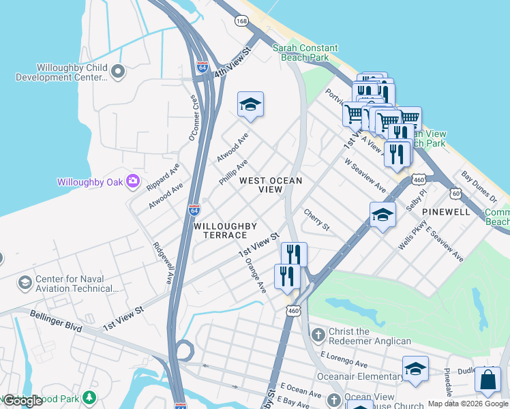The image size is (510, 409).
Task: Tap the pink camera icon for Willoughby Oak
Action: click(x=133, y=182)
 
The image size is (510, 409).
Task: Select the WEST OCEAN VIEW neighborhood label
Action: click(x=271, y=185)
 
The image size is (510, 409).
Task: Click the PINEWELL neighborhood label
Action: click(x=446, y=212)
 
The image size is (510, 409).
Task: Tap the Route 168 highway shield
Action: click(x=241, y=22)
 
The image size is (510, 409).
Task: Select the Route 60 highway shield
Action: click(x=455, y=194)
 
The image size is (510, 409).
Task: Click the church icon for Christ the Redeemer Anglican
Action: click(x=318, y=335)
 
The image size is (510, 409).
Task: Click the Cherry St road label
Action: click(x=316, y=219)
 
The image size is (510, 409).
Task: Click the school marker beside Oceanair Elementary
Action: click(x=415, y=369)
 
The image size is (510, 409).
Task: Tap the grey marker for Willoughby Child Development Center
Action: click(x=118, y=70)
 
